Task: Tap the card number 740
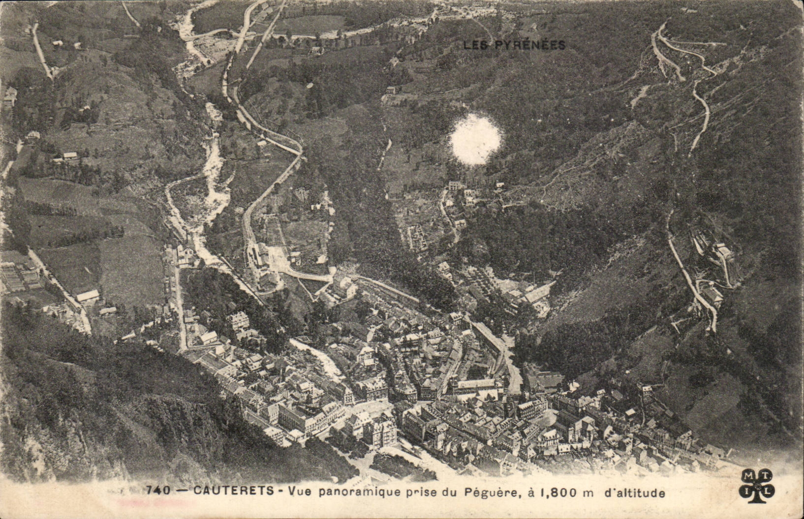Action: click(x=158, y=490)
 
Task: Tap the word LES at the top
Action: click(x=476, y=45)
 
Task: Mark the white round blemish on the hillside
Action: click(x=475, y=139)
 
